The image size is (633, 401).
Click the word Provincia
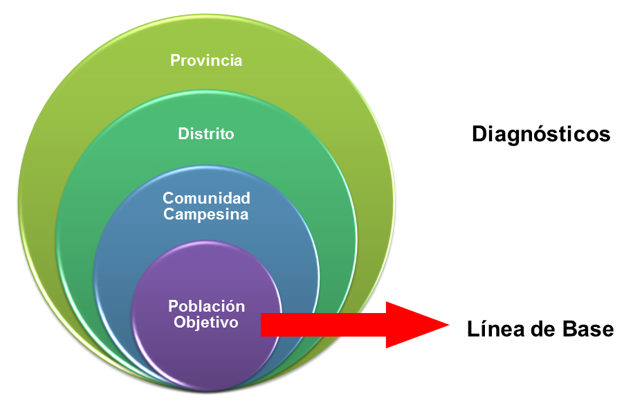pyautogui.click(x=206, y=60)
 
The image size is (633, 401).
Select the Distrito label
pyautogui.click(x=206, y=134)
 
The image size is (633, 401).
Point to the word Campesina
pyautogui.click(x=206, y=215)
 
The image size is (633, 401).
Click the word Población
pyautogui.click(x=206, y=306)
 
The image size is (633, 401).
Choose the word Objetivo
pyautogui.click(x=206, y=322)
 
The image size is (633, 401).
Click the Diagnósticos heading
pyautogui.click(x=541, y=134)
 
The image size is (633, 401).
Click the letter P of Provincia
pyautogui.click(x=175, y=60)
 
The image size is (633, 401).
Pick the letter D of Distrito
pyautogui.click(x=183, y=134)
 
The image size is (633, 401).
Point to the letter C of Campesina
pyautogui.click(x=168, y=215)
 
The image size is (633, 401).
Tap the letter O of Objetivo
pyautogui.click(x=179, y=322)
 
